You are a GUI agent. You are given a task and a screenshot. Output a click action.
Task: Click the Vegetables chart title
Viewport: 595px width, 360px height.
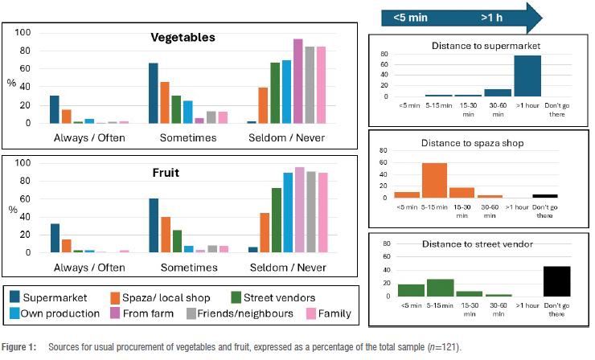[187, 38]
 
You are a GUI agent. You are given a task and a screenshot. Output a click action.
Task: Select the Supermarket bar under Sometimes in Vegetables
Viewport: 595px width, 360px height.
[154, 93]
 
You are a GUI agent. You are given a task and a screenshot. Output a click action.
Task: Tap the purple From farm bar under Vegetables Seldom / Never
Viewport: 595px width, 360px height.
[297, 81]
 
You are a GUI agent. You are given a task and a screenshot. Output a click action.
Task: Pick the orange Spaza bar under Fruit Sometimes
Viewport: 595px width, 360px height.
[166, 235]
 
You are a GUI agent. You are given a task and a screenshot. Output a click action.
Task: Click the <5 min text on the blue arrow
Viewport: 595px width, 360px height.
[410, 16]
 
